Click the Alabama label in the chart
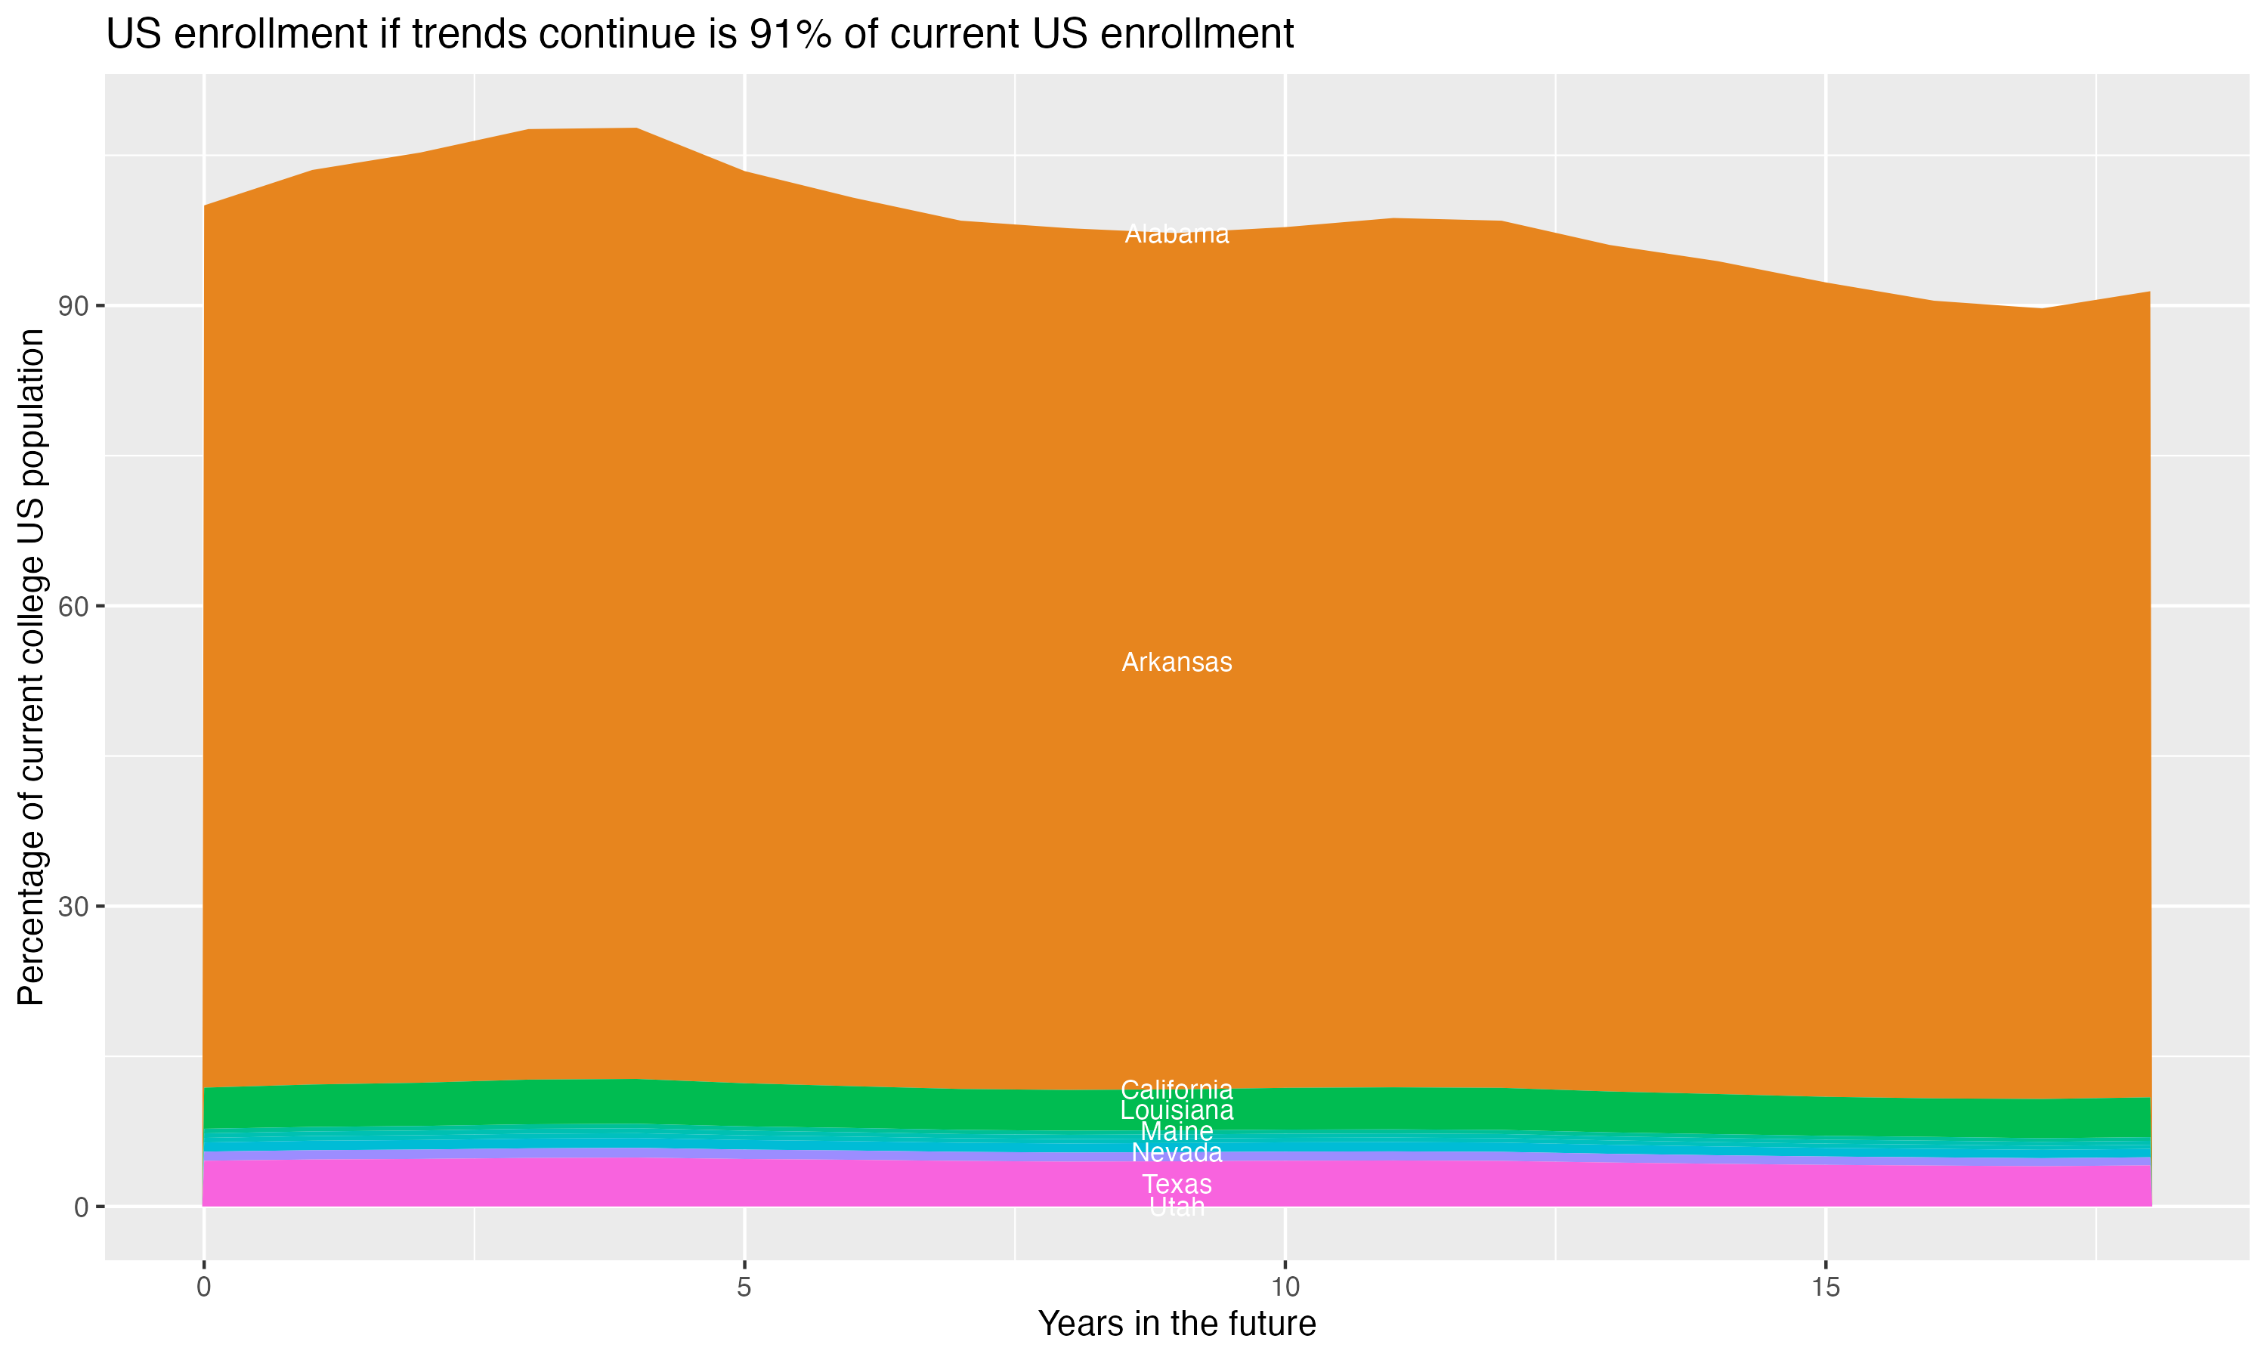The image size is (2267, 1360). (1177, 235)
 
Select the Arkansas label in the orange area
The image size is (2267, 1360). (1177, 663)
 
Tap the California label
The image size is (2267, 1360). (1177, 1090)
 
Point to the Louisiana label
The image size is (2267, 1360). (1177, 1111)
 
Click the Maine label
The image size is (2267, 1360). (1177, 1132)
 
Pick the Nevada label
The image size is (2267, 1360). (1177, 1153)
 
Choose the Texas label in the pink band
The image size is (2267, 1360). (1177, 1185)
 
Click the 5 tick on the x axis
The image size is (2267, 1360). (744, 1287)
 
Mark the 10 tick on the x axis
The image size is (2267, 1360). (1285, 1287)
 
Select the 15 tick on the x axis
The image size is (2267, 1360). (1826, 1287)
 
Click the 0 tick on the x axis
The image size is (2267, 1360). (203, 1287)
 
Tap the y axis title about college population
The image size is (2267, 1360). (31, 667)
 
